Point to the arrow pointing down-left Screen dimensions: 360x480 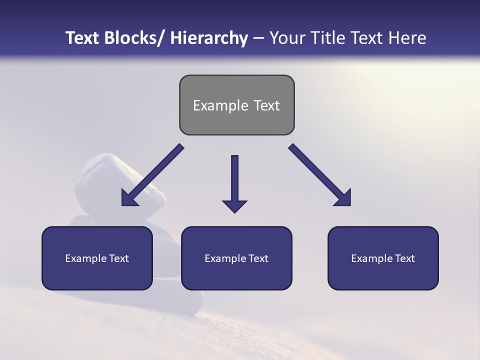coord(152,175)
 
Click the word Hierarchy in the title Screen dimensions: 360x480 coord(209,38)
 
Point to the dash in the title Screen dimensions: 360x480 coord(258,38)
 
